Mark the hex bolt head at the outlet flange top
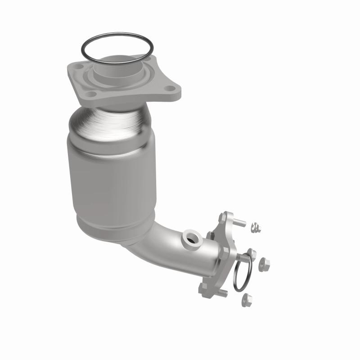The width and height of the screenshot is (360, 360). pos(223,216)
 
